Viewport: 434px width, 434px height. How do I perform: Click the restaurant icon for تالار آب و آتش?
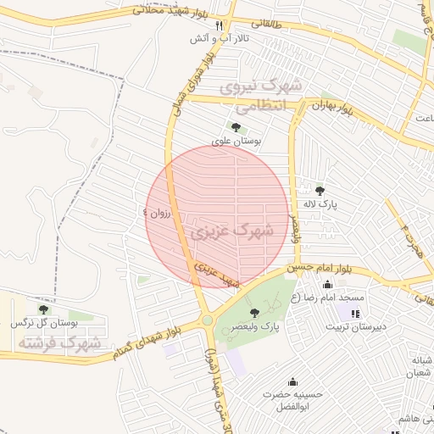[219, 25]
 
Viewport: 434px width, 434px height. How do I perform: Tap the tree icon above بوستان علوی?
[236, 127]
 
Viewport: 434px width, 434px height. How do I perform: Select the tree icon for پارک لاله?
[320, 190]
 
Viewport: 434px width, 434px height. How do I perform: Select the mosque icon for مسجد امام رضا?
[328, 285]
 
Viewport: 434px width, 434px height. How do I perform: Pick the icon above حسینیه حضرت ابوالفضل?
[292, 382]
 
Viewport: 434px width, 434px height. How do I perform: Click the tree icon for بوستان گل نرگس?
[43, 310]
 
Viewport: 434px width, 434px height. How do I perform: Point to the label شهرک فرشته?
[58, 343]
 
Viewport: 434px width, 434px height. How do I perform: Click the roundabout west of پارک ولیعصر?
[206, 320]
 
